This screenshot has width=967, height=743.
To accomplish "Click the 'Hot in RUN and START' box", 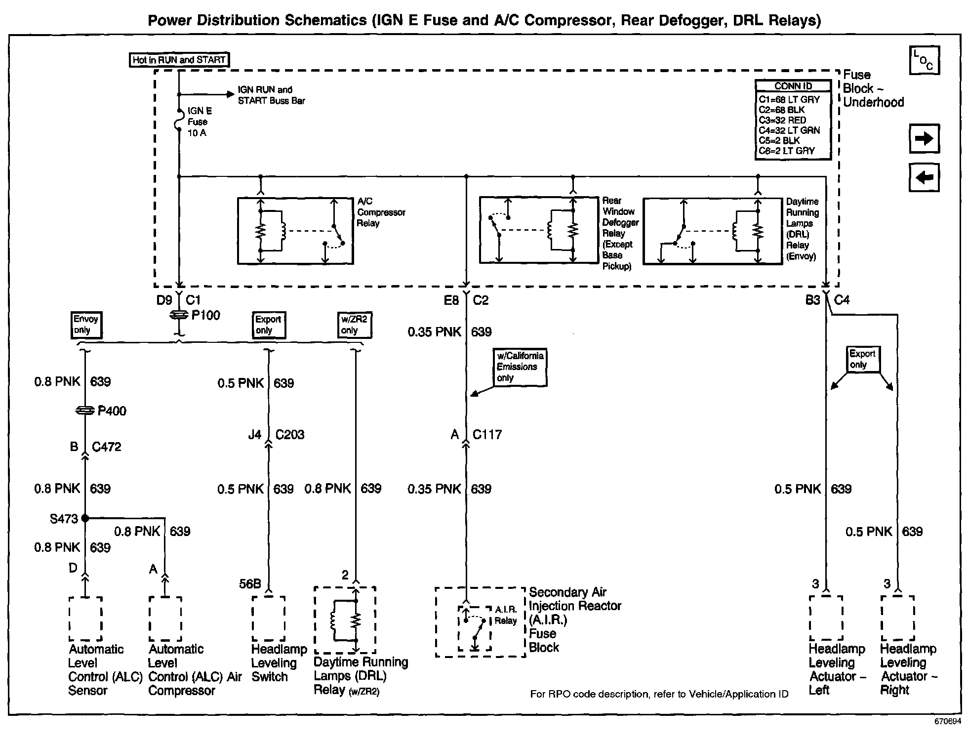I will pyautogui.click(x=179, y=60).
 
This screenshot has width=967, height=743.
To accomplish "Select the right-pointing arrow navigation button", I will pyautogui.click(x=924, y=138).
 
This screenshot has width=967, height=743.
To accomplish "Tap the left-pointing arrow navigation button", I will pyautogui.click(x=924, y=177).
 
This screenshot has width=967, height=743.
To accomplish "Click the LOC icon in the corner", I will pyautogui.click(x=924, y=60).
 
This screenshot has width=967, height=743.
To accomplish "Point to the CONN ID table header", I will pyautogui.click(x=793, y=86).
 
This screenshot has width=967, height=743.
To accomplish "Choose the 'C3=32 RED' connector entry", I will pyautogui.click(x=782, y=120).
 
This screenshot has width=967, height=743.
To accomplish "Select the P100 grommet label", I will pyautogui.click(x=205, y=315).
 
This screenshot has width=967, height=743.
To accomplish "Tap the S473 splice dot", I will pyautogui.click(x=85, y=518).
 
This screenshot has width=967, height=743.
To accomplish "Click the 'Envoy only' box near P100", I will pyautogui.click(x=86, y=325).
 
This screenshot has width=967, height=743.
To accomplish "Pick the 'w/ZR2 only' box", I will pyautogui.click(x=355, y=325).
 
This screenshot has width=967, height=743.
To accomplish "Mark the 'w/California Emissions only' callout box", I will pyautogui.click(x=520, y=367).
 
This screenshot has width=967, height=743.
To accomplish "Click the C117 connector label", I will pyautogui.click(x=487, y=435).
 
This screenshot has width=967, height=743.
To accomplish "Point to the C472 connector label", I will pyautogui.click(x=106, y=447).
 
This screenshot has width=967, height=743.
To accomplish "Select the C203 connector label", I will pyautogui.click(x=289, y=435).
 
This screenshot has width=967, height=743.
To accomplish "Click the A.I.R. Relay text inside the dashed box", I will pyautogui.click(x=506, y=615).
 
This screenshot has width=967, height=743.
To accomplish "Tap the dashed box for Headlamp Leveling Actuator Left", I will pyautogui.click(x=826, y=618).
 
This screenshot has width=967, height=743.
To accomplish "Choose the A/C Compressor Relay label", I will pyautogui.click(x=380, y=212).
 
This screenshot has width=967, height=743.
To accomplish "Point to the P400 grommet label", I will pyautogui.click(x=112, y=411).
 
